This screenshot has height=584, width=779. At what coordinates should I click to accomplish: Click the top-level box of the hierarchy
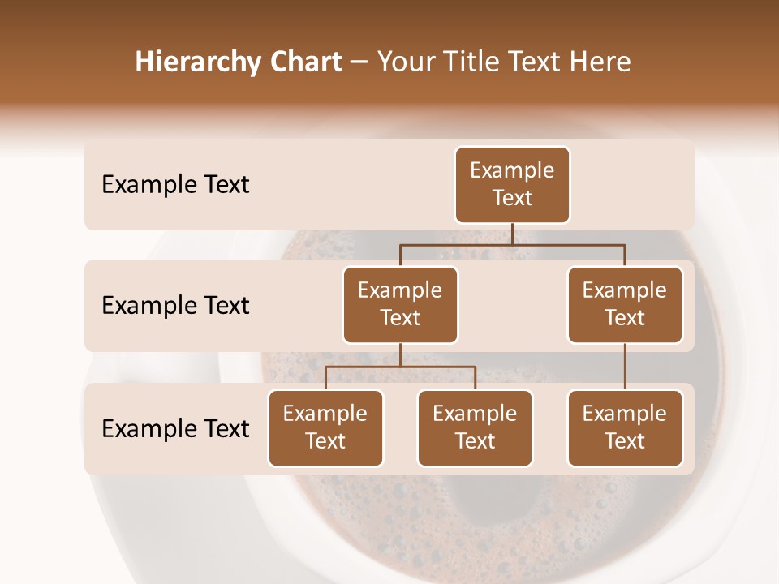pos(512,184)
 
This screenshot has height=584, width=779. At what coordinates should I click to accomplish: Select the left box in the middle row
pos(400,304)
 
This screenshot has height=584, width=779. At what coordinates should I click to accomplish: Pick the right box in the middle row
pos(625,304)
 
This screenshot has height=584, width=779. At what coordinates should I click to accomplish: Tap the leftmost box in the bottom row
pos(325,427)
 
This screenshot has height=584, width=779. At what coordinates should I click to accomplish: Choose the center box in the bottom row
pos(475,427)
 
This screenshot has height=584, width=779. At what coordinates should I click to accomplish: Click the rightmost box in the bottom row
pos(625,427)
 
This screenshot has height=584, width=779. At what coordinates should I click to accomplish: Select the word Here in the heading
pos(600,62)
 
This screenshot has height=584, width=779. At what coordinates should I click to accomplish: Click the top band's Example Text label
pos(175,185)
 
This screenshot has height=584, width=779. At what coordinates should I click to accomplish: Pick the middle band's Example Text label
pos(175,305)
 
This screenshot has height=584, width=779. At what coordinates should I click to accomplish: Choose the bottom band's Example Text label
pos(175,428)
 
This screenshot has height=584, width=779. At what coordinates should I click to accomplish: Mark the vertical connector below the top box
pos(512,234)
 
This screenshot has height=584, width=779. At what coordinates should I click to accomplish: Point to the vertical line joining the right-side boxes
pos(625,366)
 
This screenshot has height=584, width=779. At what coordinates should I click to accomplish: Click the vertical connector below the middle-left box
pos(400,354)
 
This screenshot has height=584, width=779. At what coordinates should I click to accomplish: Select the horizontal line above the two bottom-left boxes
pos(400,367)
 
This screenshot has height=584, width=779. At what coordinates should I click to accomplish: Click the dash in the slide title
pos(359,62)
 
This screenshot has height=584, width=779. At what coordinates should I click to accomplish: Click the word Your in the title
pos(405,62)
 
